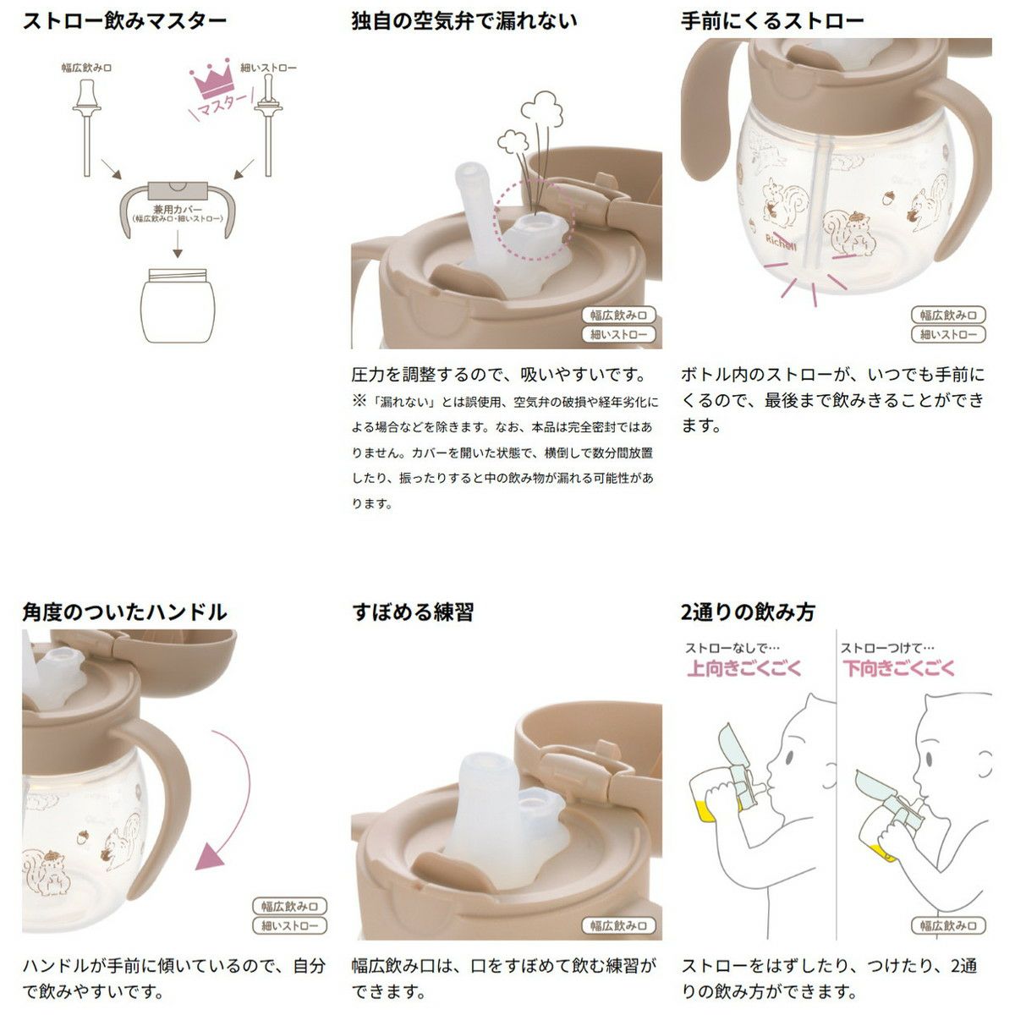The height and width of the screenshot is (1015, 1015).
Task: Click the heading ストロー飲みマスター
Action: click(124, 21)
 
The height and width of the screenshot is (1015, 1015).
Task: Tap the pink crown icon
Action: click(211, 79)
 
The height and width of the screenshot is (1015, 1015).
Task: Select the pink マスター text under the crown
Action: click(222, 106)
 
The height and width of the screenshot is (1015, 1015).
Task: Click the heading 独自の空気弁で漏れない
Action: click(464, 21)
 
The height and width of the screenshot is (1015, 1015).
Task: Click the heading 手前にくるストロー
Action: click(772, 21)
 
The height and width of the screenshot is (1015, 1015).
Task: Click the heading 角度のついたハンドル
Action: click(124, 612)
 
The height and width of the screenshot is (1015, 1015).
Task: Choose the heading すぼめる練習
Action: click(413, 612)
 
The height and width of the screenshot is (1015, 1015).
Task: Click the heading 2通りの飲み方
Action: click(748, 612)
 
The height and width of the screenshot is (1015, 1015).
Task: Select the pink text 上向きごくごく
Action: click(743, 668)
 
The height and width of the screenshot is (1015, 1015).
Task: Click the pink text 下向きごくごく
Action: click(898, 668)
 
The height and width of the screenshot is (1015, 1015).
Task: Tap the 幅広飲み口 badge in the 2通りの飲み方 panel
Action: click(948, 925)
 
